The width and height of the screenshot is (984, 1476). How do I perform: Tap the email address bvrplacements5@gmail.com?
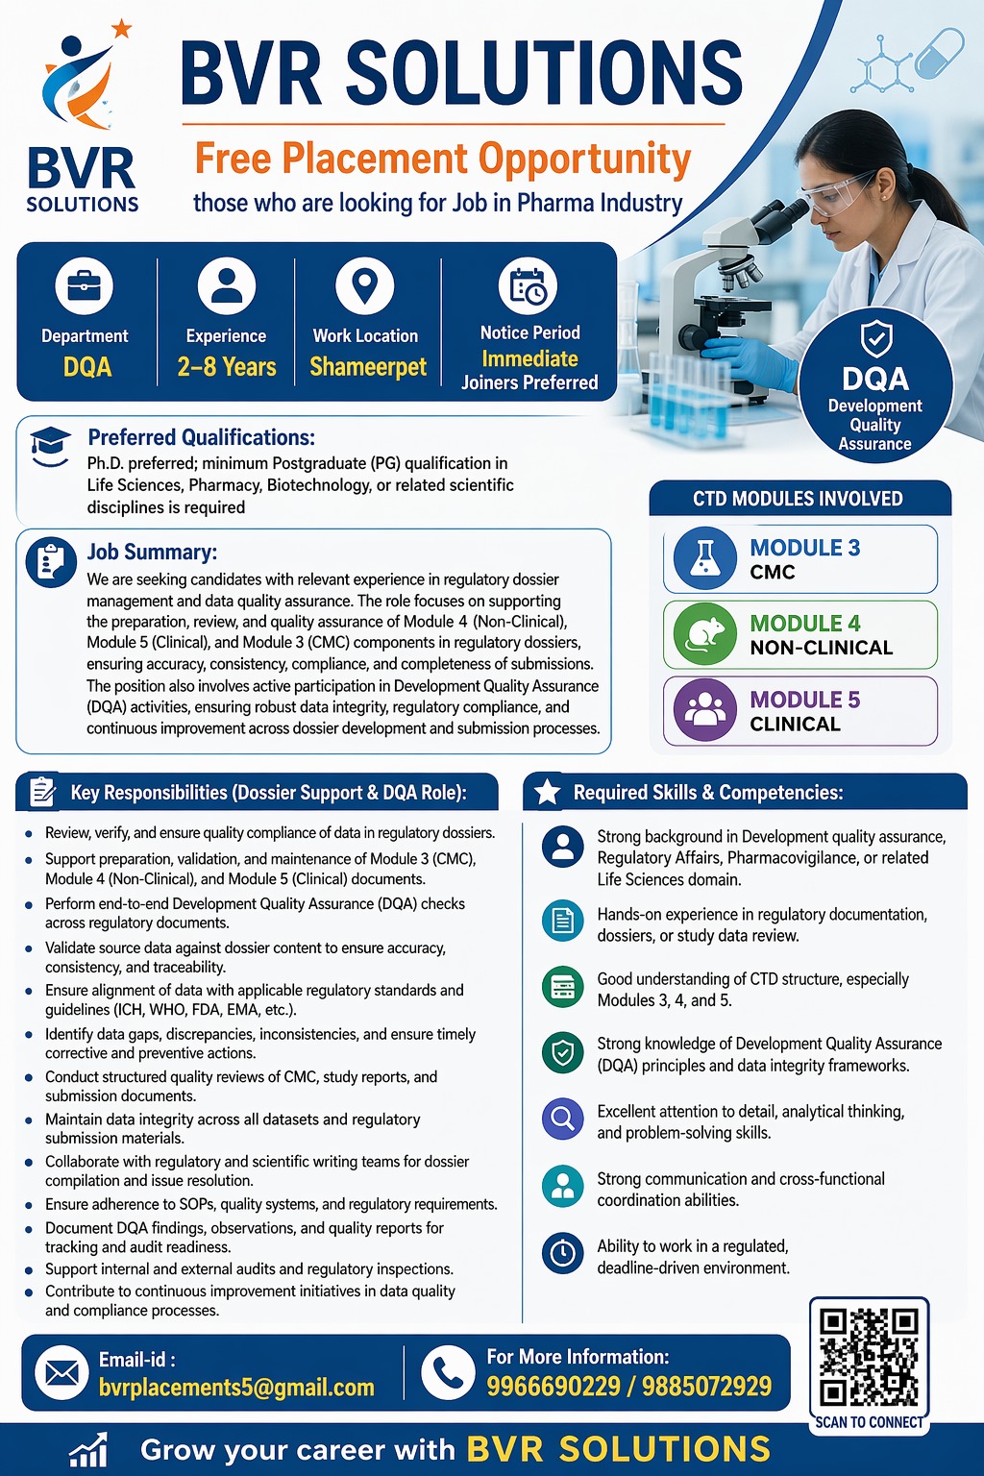click(236, 1388)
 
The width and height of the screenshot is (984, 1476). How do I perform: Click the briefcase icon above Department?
click(85, 285)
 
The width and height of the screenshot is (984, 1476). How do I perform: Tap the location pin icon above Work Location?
click(365, 285)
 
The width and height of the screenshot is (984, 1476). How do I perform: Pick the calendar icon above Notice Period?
click(529, 286)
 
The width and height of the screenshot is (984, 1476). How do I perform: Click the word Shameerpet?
click(368, 367)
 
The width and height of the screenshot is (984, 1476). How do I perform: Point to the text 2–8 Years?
click(227, 367)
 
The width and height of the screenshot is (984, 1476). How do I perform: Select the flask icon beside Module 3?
click(704, 558)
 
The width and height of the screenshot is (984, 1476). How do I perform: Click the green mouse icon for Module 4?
click(704, 634)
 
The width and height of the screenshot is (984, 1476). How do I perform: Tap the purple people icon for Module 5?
click(705, 710)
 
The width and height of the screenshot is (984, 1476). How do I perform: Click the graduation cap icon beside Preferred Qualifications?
click(50, 445)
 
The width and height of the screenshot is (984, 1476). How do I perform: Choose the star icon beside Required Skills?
click(548, 792)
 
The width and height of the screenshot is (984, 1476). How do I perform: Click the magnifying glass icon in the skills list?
click(562, 1119)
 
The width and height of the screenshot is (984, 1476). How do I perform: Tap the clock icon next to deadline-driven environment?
click(562, 1253)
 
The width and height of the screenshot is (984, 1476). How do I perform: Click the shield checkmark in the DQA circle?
click(875, 337)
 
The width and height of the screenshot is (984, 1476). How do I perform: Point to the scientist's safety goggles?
click(838, 194)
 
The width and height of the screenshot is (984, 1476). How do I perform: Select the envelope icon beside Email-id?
click(61, 1373)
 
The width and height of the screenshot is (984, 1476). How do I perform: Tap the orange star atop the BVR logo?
click(122, 29)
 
